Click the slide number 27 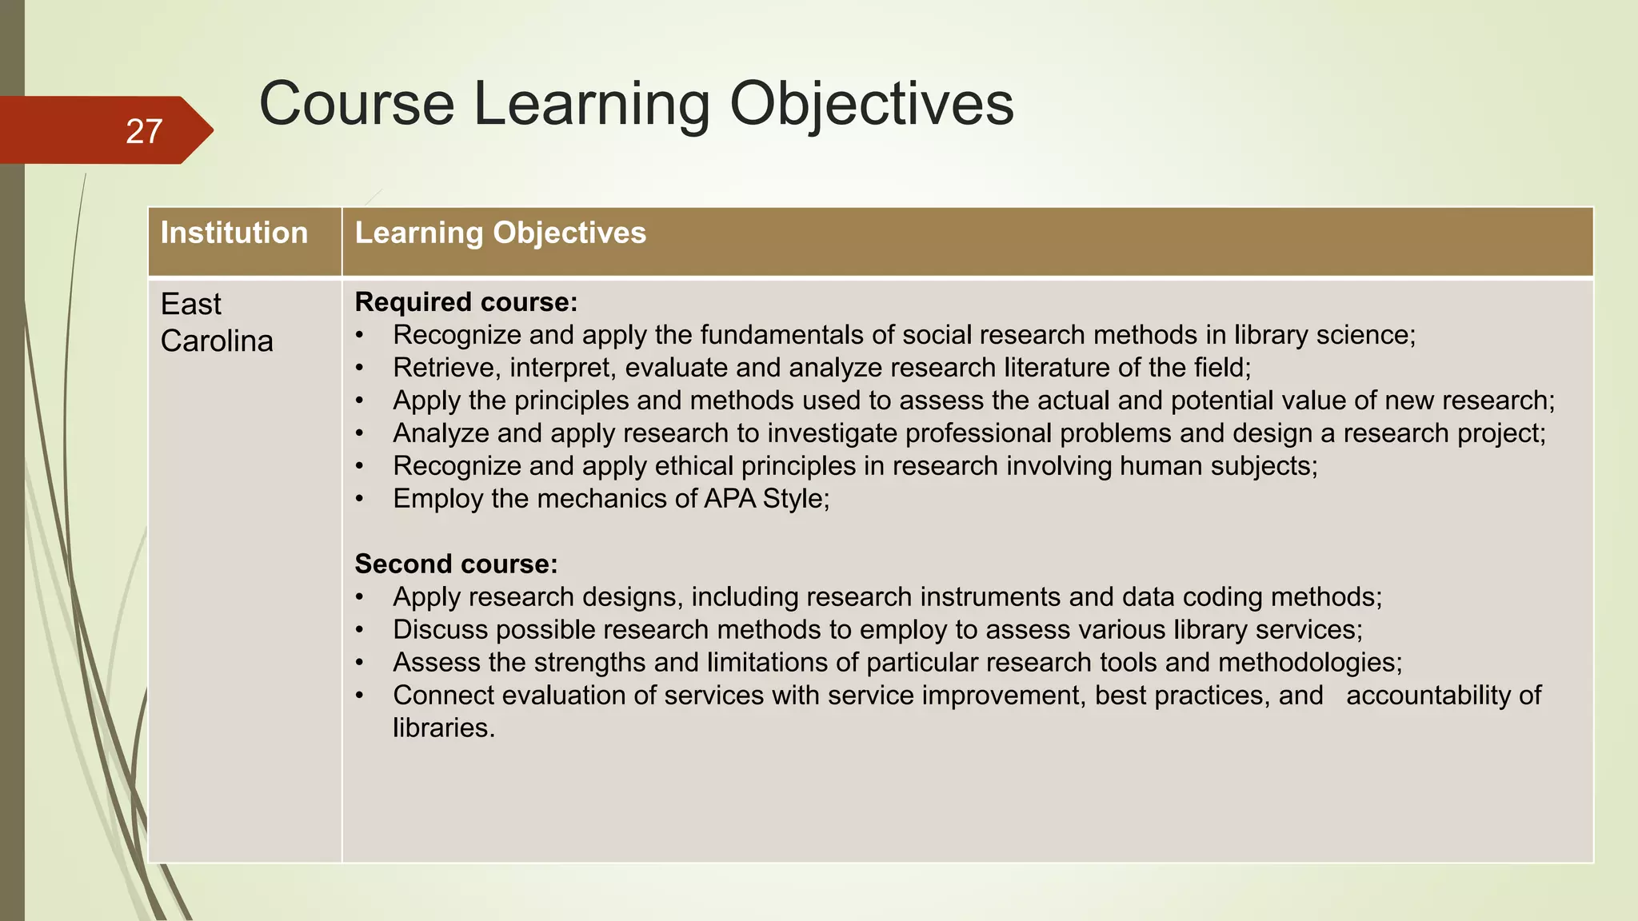coord(144,131)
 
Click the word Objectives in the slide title coord(871,104)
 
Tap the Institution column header coord(234,233)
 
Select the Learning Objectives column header coord(500,233)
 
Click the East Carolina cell coord(216,322)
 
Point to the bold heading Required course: coord(465,302)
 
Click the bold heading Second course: coord(456,564)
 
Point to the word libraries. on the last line coord(444,728)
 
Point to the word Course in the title coord(357,104)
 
